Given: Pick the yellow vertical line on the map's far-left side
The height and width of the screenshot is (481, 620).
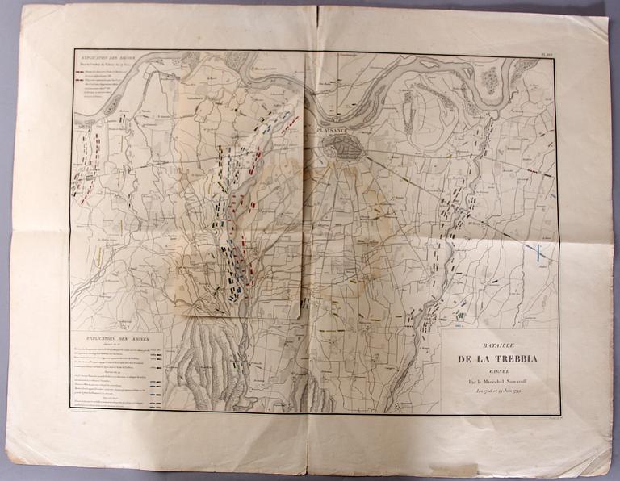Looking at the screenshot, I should click(x=98, y=257).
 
